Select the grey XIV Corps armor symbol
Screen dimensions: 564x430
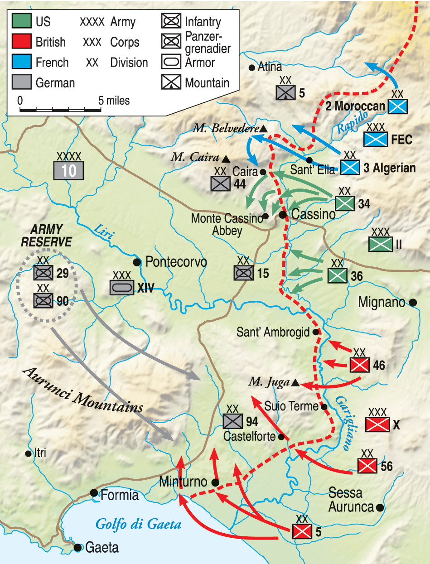click(122, 287)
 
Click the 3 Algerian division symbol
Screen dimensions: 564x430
click(350, 168)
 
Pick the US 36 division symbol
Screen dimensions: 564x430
click(337, 275)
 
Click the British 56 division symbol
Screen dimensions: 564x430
click(367, 465)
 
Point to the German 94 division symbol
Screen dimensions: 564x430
click(233, 421)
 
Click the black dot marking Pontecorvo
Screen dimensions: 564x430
click(136, 262)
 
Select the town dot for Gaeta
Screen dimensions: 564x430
click(77, 547)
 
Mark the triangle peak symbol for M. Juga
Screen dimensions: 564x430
click(295, 383)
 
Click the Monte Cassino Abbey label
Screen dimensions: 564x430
click(227, 224)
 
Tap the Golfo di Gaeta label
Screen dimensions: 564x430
click(138, 524)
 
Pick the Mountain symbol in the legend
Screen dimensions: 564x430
click(171, 82)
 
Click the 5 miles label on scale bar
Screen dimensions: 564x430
click(114, 100)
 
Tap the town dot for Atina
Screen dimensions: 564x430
click(251, 68)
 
